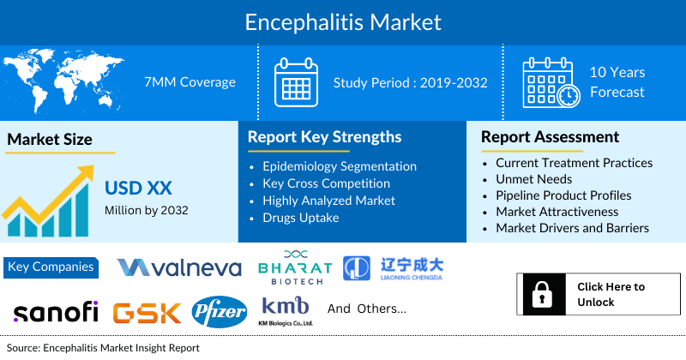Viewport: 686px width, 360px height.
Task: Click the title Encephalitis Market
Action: point(343,21)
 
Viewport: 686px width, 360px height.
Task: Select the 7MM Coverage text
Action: point(190,82)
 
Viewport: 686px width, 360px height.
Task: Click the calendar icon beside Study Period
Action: point(296,82)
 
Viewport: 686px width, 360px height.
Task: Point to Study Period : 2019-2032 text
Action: point(411,82)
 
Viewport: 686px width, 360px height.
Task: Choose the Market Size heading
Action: point(50,139)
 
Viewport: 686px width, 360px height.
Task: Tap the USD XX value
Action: point(136,188)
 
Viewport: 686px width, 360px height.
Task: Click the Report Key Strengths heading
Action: point(324,137)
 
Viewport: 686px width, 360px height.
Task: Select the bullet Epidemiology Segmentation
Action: point(340,166)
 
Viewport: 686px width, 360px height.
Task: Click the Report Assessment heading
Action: point(550,137)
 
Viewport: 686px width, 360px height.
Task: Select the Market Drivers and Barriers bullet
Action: point(572,228)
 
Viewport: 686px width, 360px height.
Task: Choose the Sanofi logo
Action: point(56,310)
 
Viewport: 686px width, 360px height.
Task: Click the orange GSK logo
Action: point(147,311)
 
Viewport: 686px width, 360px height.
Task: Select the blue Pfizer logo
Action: point(218,311)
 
